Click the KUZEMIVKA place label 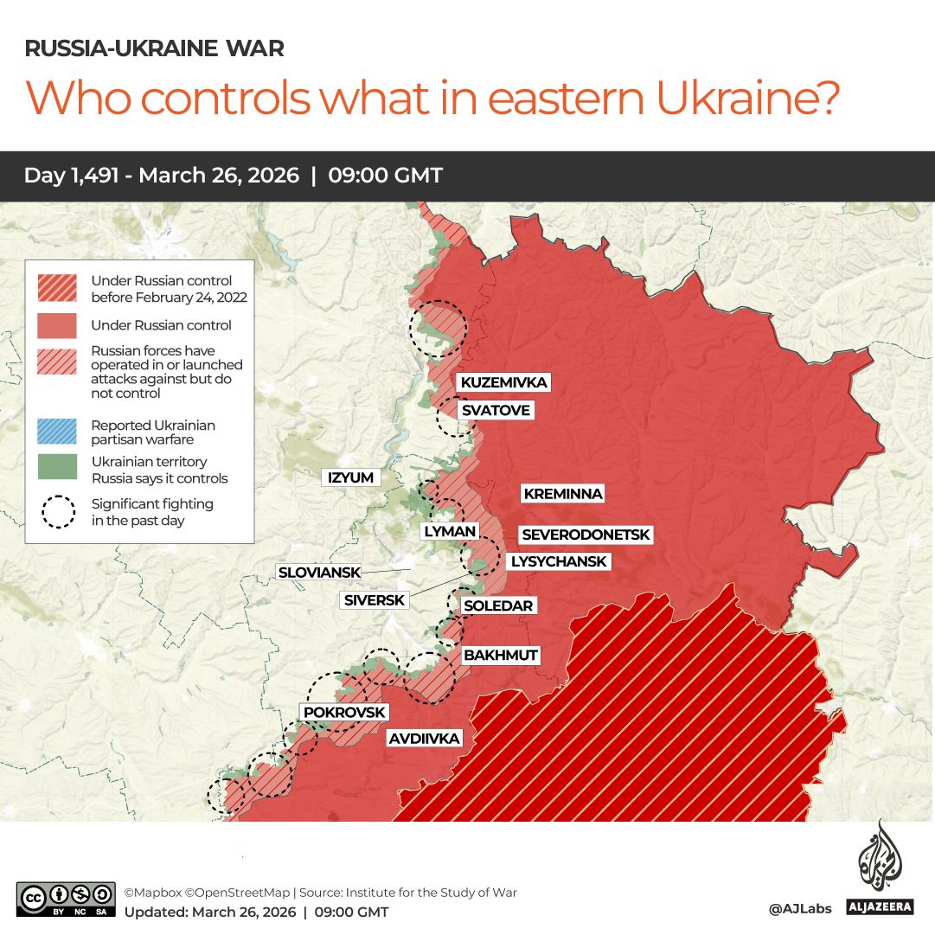coord(503,383)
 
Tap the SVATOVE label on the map coord(495,410)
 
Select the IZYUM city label coord(350,477)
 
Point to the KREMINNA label coord(562,494)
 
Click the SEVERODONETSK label coord(586,535)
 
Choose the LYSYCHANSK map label coord(559,561)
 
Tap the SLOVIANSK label coord(317,572)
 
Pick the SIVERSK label coord(373,599)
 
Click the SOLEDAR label coord(498,605)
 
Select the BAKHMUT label coord(501,656)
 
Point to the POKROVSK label coord(344,712)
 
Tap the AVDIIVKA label coord(424,739)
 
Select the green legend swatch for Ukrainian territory coord(58,468)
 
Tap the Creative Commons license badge coord(66,899)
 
